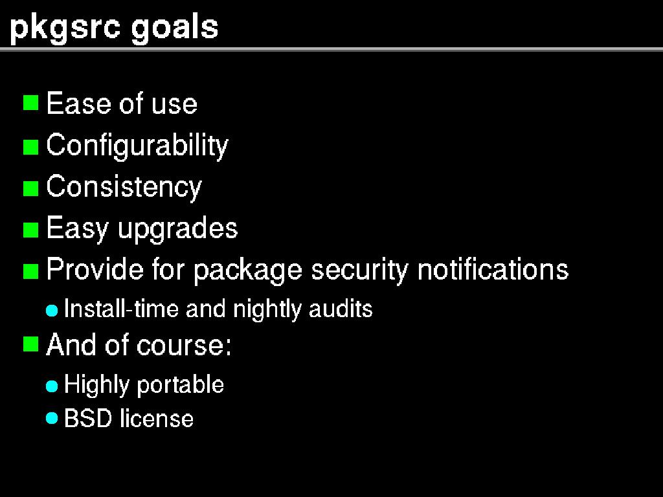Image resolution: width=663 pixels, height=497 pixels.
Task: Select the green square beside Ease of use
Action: (30, 102)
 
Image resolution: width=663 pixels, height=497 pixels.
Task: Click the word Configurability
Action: (137, 146)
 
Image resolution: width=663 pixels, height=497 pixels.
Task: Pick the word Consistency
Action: (124, 187)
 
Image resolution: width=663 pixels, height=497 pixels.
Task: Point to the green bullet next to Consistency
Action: (30, 188)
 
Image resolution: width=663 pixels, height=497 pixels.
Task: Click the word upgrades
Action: (177, 228)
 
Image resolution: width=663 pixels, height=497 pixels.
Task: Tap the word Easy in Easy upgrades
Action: (77, 228)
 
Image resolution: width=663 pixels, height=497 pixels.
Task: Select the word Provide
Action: (95, 269)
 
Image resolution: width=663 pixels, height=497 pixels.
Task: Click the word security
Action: (359, 271)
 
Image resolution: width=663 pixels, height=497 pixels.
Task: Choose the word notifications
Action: (493, 269)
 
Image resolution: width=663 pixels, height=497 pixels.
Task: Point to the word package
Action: (248, 271)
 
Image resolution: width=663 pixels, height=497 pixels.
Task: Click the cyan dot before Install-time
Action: (52, 311)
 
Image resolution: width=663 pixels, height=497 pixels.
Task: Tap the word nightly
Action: (267, 309)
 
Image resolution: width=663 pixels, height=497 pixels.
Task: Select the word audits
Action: (341, 309)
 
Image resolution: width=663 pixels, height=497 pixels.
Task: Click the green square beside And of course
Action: (30, 344)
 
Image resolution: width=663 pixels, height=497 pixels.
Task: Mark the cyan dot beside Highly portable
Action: (52, 386)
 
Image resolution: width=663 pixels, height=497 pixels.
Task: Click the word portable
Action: (181, 385)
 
